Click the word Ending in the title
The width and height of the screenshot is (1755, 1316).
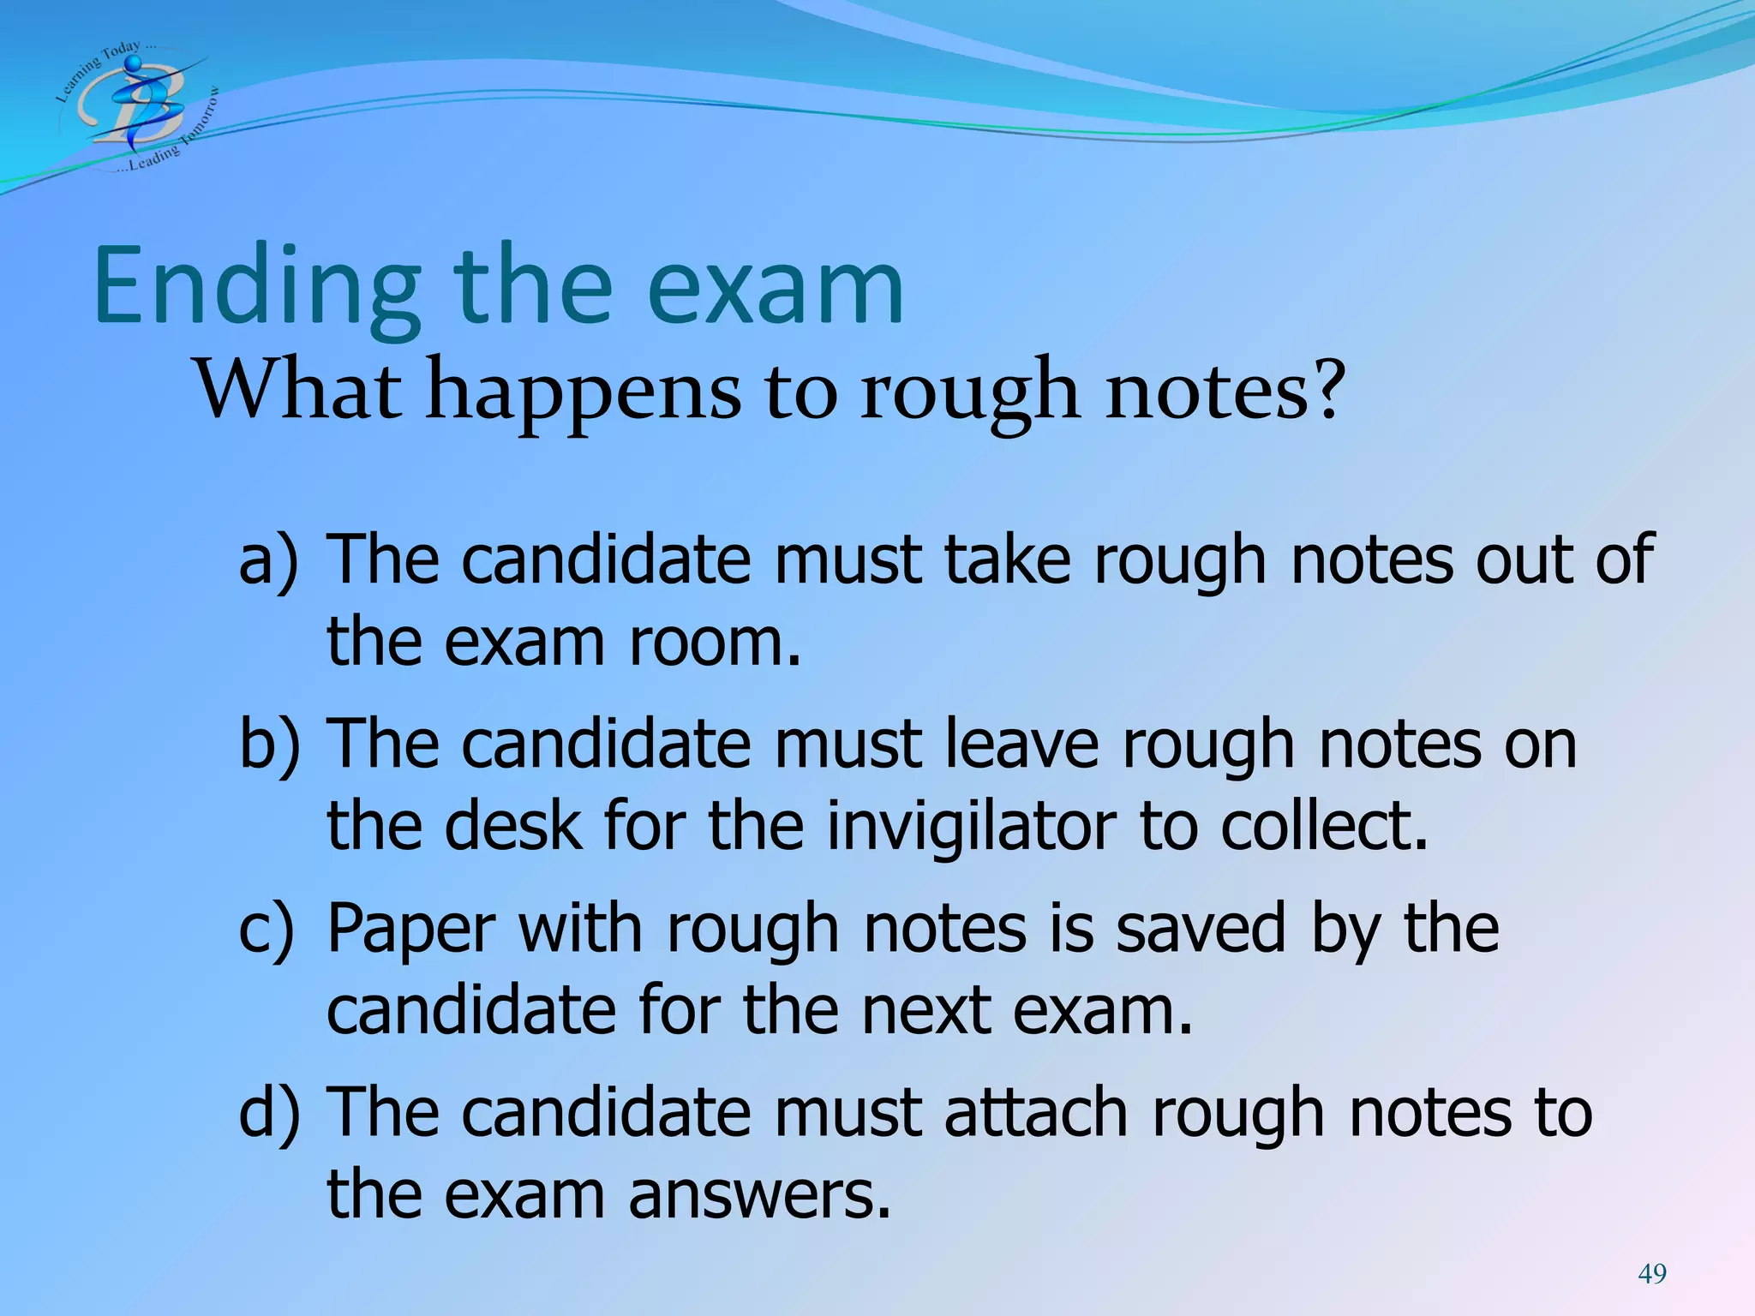(257, 287)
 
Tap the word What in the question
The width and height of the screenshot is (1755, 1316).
(299, 391)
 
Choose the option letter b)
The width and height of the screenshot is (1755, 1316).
(269, 744)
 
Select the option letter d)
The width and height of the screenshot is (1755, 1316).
(269, 1113)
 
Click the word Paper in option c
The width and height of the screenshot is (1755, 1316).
(411, 930)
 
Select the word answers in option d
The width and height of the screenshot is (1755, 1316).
(759, 1194)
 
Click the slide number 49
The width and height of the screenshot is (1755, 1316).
(1652, 1274)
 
